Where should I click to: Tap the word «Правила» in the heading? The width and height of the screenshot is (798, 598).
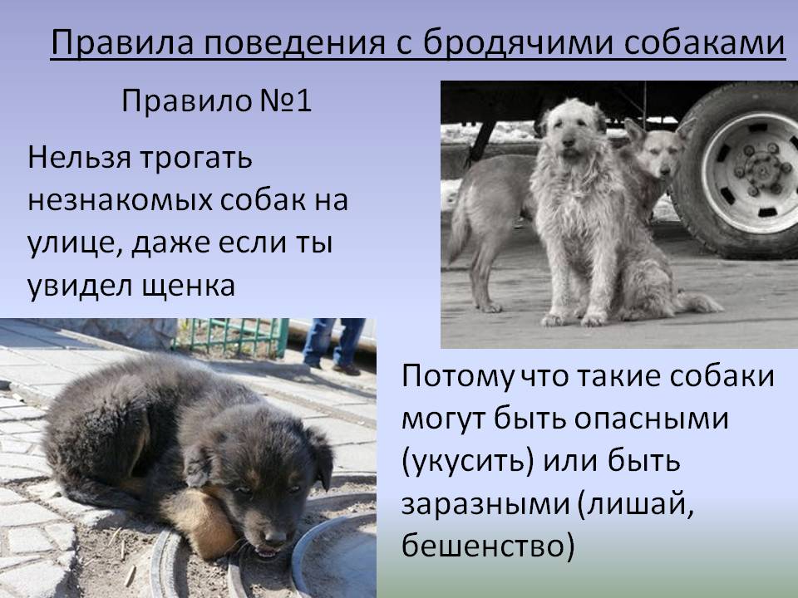pyautogui.click(x=123, y=42)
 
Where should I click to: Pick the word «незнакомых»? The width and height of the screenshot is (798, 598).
pyautogui.click(x=120, y=200)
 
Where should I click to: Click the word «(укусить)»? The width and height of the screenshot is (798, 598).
pyautogui.click(x=468, y=462)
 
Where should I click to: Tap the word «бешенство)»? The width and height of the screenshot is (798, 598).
pyautogui.click(x=488, y=546)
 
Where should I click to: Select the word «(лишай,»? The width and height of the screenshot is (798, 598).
pyautogui.click(x=636, y=504)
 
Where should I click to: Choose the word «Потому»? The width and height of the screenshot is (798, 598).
pyautogui.click(x=456, y=378)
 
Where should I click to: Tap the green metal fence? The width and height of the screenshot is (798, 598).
pyautogui.click(x=232, y=336)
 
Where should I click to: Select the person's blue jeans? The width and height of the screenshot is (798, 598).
pyautogui.click(x=333, y=340)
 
